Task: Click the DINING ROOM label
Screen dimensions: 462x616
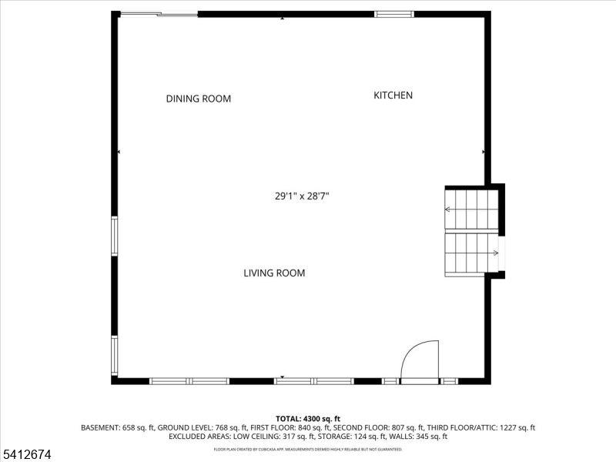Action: click(199, 99)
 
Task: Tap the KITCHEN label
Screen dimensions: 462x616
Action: click(393, 95)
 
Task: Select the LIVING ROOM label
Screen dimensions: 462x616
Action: click(274, 273)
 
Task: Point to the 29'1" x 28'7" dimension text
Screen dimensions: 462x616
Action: click(307, 196)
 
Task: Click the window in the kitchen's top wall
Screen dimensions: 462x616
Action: click(393, 14)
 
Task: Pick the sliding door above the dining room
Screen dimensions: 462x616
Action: click(159, 14)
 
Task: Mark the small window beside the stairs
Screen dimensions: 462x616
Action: click(502, 253)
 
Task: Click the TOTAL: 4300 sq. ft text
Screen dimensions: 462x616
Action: click(307, 418)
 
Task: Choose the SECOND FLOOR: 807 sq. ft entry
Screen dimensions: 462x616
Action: click(379, 427)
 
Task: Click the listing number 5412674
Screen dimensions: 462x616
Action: click(28, 455)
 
